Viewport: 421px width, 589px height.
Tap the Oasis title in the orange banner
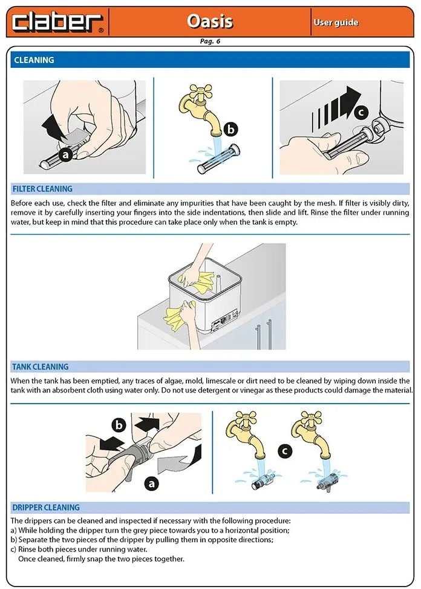pyautogui.click(x=210, y=21)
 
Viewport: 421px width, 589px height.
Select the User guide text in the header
pyautogui.click(x=336, y=22)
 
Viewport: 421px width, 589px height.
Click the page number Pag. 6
pyautogui.click(x=210, y=41)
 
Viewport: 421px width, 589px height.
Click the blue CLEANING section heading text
pyautogui.click(x=34, y=60)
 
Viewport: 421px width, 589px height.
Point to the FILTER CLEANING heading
pyautogui.click(x=42, y=189)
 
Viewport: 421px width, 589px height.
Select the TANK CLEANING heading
pyautogui.click(x=41, y=367)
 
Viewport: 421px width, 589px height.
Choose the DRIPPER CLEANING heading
pyautogui.click(x=46, y=507)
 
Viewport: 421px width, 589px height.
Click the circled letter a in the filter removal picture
pyautogui.click(x=66, y=155)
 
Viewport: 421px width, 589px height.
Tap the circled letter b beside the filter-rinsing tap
pyautogui.click(x=231, y=130)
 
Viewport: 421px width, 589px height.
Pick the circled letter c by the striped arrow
pyautogui.click(x=361, y=112)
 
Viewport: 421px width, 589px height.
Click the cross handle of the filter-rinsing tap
pyautogui.click(x=201, y=92)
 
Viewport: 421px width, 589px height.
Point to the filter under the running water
pyautogui.click(x=219, y=159)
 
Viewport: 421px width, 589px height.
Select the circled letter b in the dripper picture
pyautogui.click(x=119, y=425)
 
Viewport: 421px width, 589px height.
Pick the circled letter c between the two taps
pyautogui.click(x=285, y=451)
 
